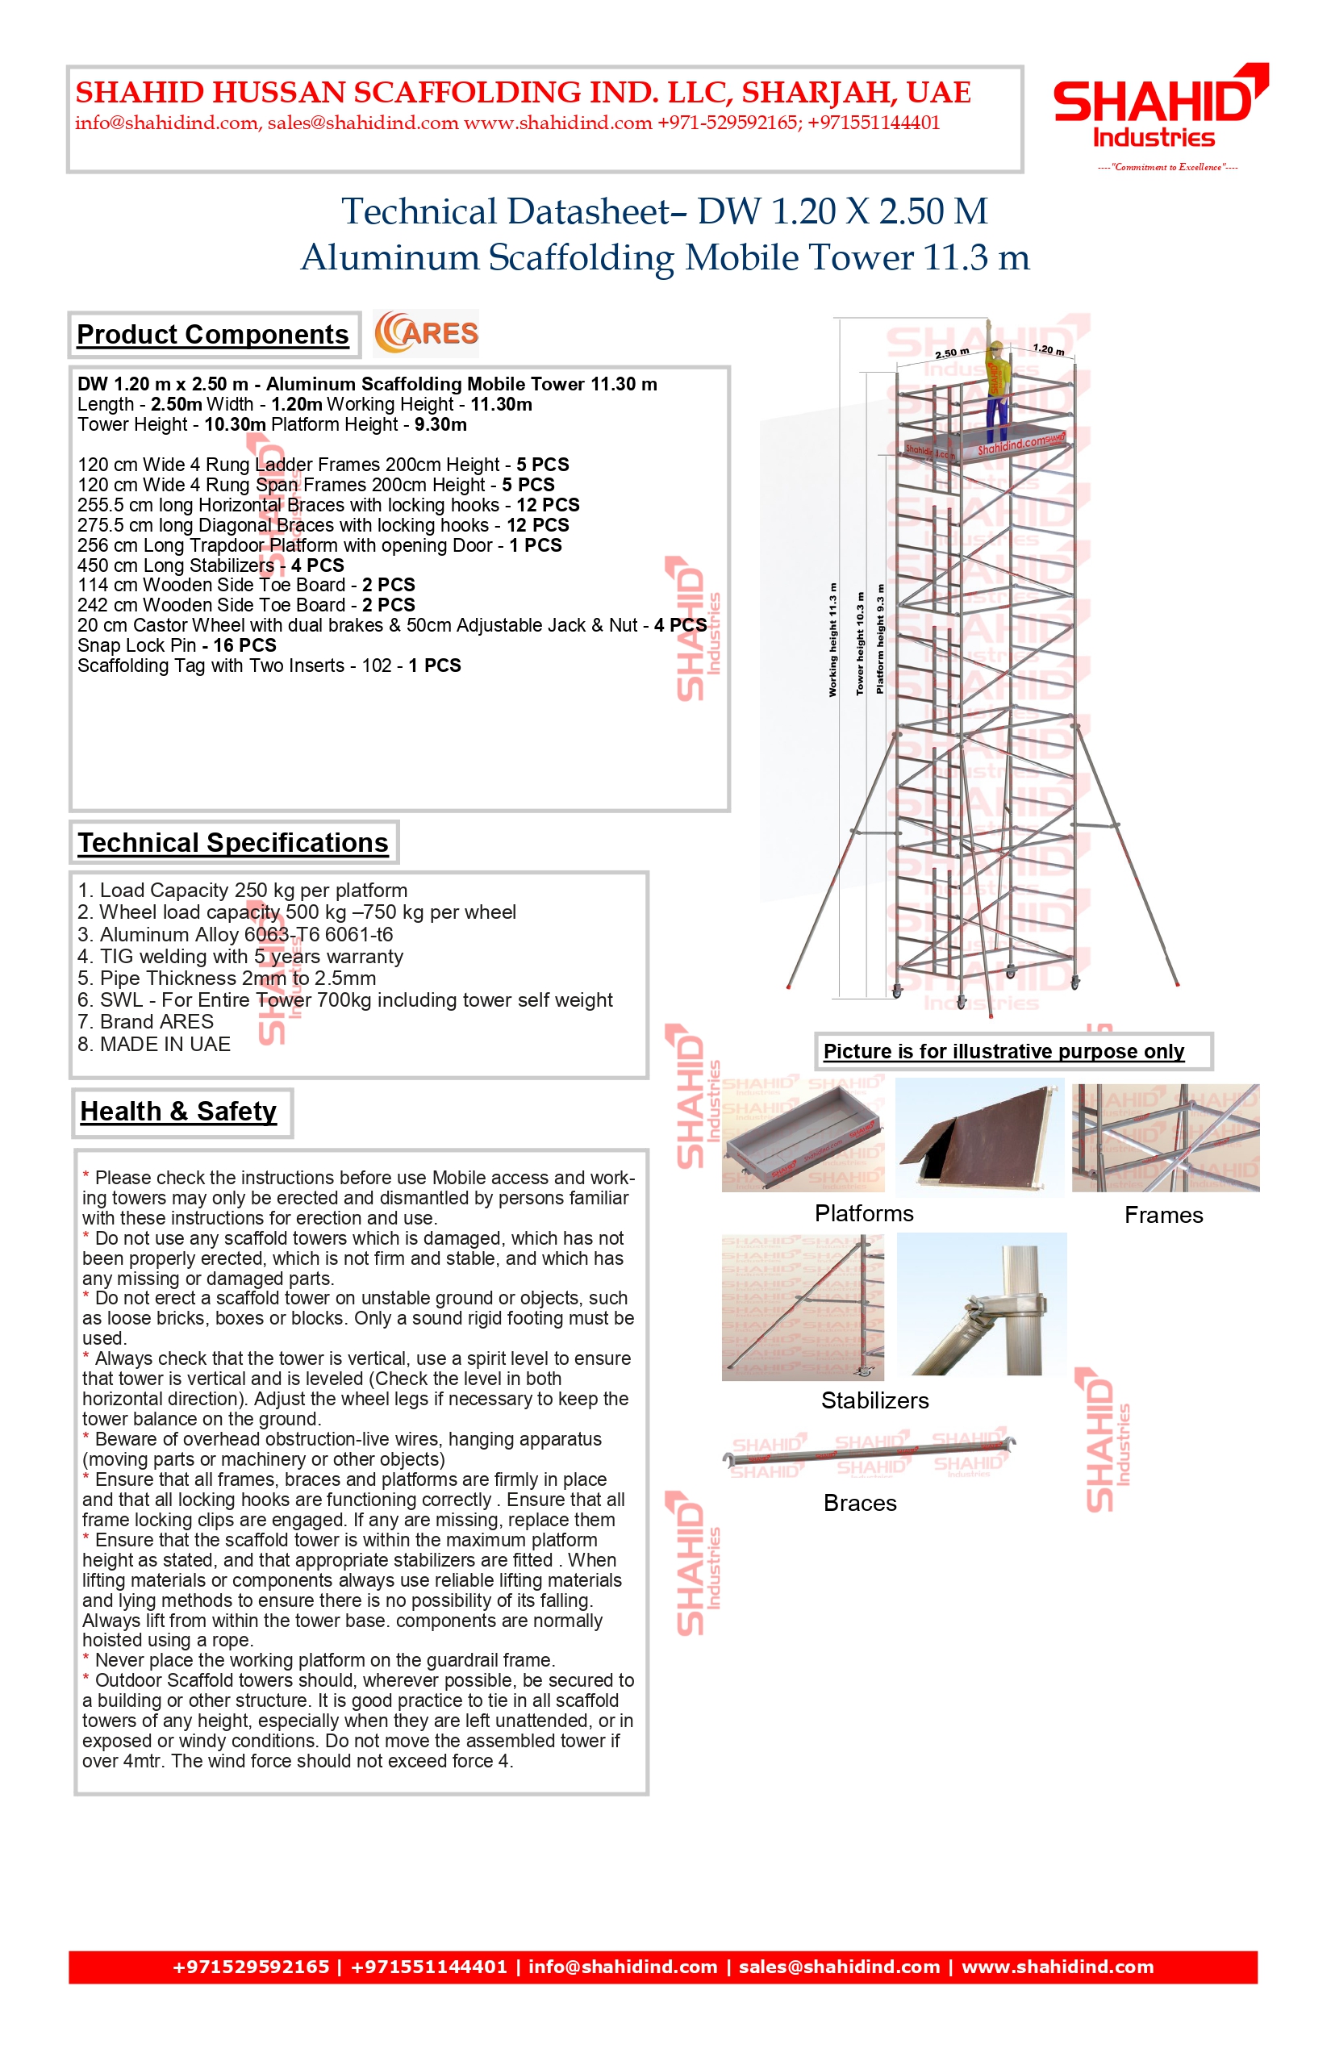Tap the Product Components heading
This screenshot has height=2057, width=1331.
pyautogui.click(x=213, y=335)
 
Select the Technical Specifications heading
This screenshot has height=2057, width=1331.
pyautogui.click(x=233, y=843)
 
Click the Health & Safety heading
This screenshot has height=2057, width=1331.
pyautogui.click(x=179, y=1112)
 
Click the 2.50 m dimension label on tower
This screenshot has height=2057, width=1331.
pyautogui.click(x=952, y=353)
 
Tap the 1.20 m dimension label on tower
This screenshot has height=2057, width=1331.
pyautogui.click(x=1049, y=349)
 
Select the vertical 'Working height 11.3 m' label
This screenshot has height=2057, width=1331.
pyautogui.click(x=833, y=640)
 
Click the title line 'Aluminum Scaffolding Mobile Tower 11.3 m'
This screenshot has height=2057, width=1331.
pyautogui.click(x=665, y=257)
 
